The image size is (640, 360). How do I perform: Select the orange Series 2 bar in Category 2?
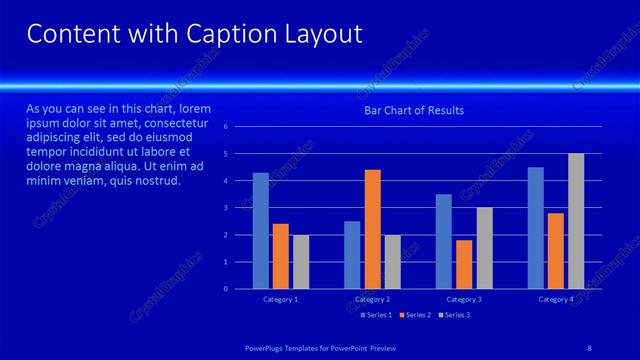click(x=372, y=229)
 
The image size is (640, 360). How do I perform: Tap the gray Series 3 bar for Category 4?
click(x=576, y=221)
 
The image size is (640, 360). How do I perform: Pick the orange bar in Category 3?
click(x=464, y=264)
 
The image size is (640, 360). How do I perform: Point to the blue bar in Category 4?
click(x=536, y=228)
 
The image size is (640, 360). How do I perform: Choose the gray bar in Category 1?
click(x=301, y=262)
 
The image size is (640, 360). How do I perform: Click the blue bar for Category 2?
click(x=352, y=255)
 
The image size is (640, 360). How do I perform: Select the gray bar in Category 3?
click(x=484, y=248)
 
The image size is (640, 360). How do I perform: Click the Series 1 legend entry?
click(x=377, y=315)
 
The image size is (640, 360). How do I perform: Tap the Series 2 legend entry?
click(x=416, y=315)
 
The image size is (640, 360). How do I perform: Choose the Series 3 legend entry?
click(x=455, y=315)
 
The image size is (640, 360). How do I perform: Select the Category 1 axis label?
click(x=281, y=300)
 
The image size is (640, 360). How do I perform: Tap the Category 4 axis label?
click(x=556, y=300)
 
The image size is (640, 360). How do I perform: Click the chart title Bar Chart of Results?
click(x=414, y=110)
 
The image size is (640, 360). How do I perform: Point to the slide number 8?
click(x=589, y=347)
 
